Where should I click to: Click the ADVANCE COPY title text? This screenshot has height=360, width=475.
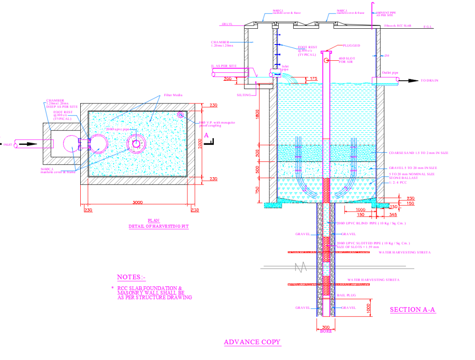click(252, 342)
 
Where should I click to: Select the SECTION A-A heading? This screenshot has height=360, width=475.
click(412, 310)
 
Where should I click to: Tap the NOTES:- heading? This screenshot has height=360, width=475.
click(131, 277)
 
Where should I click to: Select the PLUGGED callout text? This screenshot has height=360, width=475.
click(352, 45)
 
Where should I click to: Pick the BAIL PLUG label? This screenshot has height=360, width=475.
click(346, 295)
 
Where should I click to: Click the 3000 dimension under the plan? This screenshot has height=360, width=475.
click(137, 202)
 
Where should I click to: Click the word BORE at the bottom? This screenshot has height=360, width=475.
click(326, 331)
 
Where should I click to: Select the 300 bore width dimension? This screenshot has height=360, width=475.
click(326, 327)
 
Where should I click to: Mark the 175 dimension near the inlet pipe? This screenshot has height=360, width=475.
click(313, 78)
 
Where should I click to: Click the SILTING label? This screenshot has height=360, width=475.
click(244, 95)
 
